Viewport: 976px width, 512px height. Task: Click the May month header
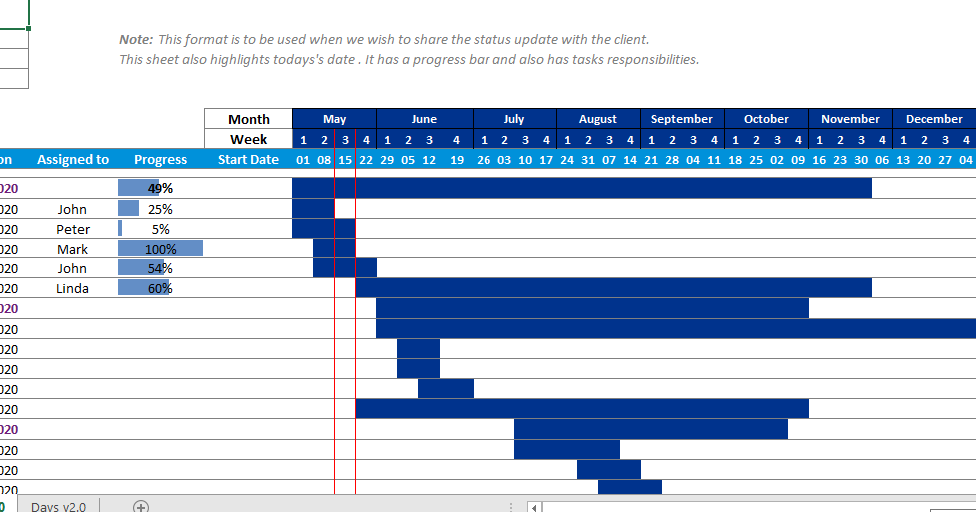coord(334,119)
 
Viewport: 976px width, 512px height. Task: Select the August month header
coord(597,119)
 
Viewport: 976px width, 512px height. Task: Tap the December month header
coord(933,119)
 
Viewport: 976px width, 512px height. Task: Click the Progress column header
coord(160,159)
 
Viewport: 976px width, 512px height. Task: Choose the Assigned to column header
coord(73,159)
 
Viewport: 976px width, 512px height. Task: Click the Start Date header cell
coord(248,159)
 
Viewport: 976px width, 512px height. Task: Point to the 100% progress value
coord(160,249)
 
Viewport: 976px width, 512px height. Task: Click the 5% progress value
coord(160,229)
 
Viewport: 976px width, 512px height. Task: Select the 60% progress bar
coord(145,288)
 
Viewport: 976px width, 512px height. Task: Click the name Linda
coord(72,288)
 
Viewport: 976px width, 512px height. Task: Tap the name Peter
coord(72,229)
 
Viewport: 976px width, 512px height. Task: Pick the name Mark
coord(72,249)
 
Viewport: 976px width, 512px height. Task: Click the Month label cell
coord(248,119)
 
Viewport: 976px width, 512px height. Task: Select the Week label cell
coord(248,139)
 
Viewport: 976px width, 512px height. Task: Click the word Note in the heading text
coord(135,39)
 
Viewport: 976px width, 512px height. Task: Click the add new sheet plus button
coord(141,506)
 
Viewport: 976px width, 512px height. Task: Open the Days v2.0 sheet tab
coord(58,506)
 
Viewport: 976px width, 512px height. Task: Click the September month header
coord(681,119)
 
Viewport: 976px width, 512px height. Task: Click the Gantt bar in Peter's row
coord(313,229)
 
